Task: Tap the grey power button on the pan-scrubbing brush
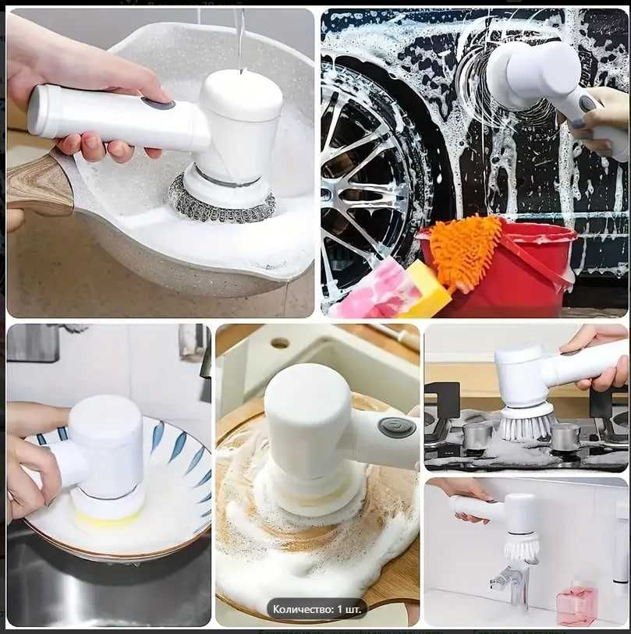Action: coord(158,104)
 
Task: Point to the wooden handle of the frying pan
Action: coord(39,184)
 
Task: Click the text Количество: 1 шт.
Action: coord(317,609)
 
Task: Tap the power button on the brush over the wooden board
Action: coord(397,427)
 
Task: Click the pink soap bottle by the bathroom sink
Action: coord(577,602)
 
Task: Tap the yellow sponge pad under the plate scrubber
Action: coord(106,519)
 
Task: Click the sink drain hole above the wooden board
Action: coord(281,344)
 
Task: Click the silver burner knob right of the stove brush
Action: coord(565,437)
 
